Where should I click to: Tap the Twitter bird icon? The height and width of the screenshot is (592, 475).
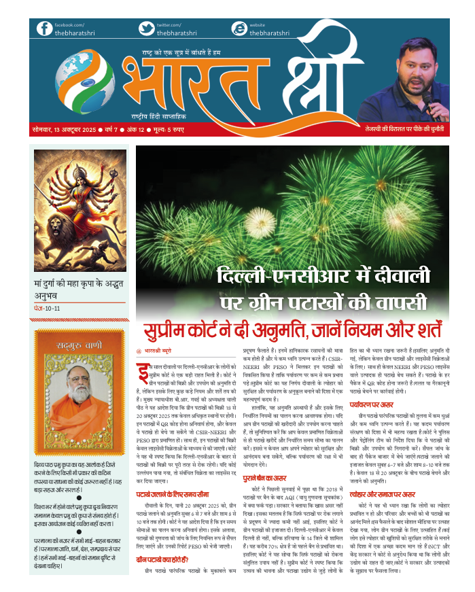click(146, 29)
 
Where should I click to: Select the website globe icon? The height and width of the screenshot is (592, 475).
click(239, 29)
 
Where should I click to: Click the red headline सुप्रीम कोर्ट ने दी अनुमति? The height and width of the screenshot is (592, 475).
click(292, 332)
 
